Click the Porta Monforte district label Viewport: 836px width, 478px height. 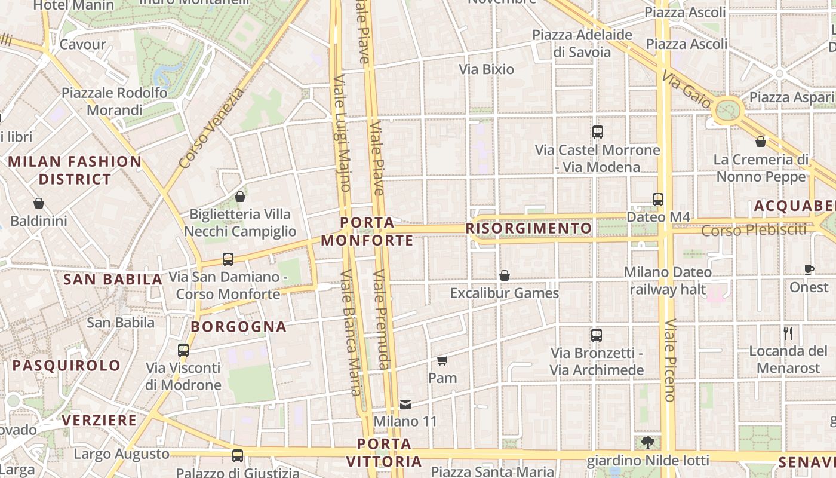(367, 231)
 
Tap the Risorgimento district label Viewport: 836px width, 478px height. (528, 228)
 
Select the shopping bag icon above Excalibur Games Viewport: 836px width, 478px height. (505, 275)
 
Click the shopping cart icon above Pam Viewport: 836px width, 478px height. (442, 360)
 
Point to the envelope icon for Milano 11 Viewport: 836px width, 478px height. (405, 405)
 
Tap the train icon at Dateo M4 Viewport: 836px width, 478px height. (658, 200)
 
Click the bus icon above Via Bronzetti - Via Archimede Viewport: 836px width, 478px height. (596, 335)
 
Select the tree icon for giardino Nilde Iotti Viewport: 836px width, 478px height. (648, 443)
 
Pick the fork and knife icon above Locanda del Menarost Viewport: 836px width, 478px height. (788, 333)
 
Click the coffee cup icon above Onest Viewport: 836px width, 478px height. (809, 269)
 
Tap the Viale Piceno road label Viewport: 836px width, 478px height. (670, 360)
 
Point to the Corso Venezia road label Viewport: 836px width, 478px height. (211, 128)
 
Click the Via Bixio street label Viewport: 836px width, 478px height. (486, 69)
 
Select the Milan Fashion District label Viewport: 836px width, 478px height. (75, 170)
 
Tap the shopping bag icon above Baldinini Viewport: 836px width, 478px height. (39, 204)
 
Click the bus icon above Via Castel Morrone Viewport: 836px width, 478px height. (597, 132)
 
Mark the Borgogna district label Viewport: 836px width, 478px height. (239, 327)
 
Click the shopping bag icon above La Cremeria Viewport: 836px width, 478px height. (761, 142)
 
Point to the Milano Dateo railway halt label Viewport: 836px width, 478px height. (668, 281)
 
